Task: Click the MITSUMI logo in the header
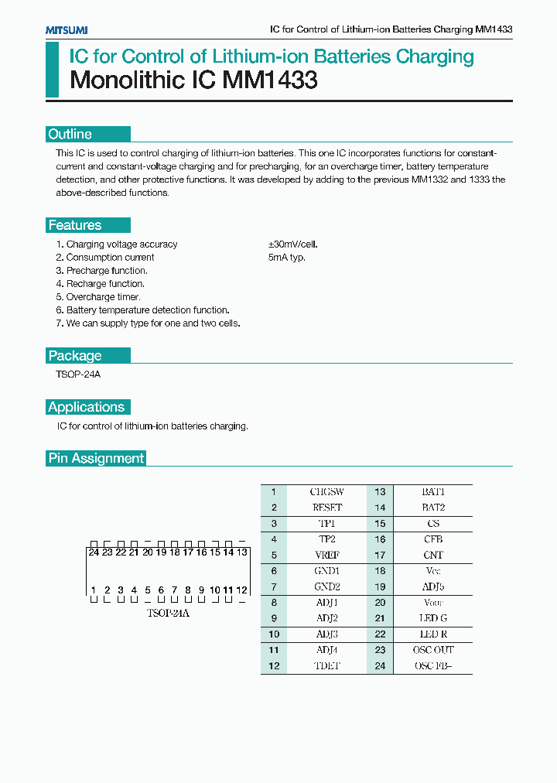(x=66, y=29)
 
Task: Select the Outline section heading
(x=70, y=134)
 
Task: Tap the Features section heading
(x=75, y=225)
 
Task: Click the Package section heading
(x=75, y=356)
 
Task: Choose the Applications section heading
(x=87, y=407)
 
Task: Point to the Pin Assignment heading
(x=97, y=458)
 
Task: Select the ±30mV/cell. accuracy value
(x=293, y=244)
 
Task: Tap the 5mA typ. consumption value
(x=287, y=258)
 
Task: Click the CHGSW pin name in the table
(x=327, y=492)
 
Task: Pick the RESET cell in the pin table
(x=327, y=508)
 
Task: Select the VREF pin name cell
(x=327, y=555)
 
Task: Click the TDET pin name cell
(x=327, y=666)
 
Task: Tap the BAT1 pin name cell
(x=433, y=492)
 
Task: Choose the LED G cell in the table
(x=433, y=618)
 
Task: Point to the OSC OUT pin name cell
(x=433, y=650)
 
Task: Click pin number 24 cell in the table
(x=381, y=666)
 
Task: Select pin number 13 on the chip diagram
(x=242, y=552)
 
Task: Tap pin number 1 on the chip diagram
(x=94, y=590)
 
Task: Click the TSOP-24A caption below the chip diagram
(x=168, y=613)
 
